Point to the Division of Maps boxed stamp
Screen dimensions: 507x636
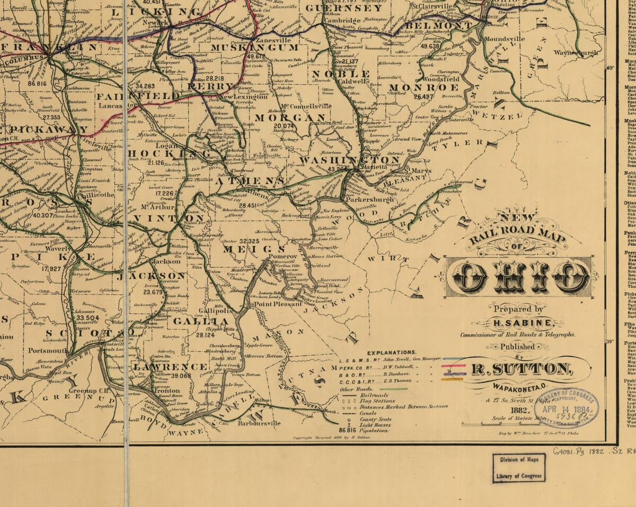[x=518, y=467]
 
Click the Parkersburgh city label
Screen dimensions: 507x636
[x=369, y=200]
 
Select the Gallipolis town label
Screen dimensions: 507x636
[x=216, y=311]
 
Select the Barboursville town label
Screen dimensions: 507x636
[x=259, y=423]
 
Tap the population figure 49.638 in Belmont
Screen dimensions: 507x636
[x=430, y=46]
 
